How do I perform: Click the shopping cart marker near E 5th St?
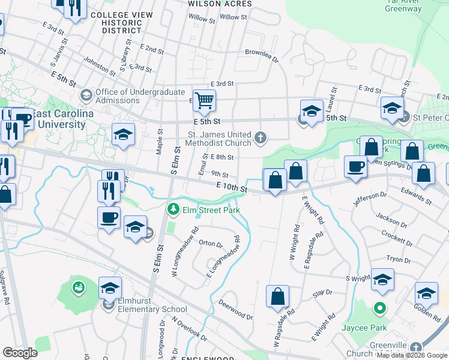[x=204, y=100]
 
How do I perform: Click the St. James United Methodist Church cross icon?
[x=261, y=138]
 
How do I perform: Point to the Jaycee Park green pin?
[x=379, y=310]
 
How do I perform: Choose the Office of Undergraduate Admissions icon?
[x=86, y=95]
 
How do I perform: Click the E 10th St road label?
[x=232, y=188]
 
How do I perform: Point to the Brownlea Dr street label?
[x=262, y=55]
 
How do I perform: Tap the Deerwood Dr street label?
[x=235, y=310]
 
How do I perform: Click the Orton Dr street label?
[x=210, y=244]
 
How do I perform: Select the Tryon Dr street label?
[x=399, y=259]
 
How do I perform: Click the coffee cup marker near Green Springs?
[x=355, y=166]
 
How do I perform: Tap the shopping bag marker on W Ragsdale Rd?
[x=278, y=296]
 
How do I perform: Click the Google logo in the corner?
[x=20, y=353]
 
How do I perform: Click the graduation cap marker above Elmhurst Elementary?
[x=110, y=288]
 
